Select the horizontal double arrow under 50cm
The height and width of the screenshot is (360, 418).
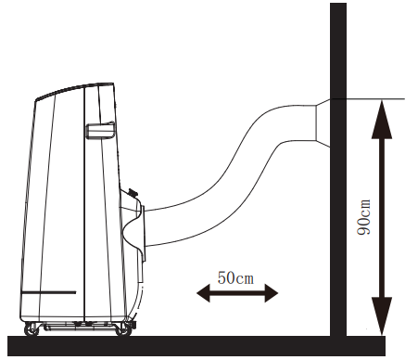click(237, 293)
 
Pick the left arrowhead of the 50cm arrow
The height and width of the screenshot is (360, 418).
click(201, 293)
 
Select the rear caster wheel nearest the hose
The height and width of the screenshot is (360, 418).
click(120, 328)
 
